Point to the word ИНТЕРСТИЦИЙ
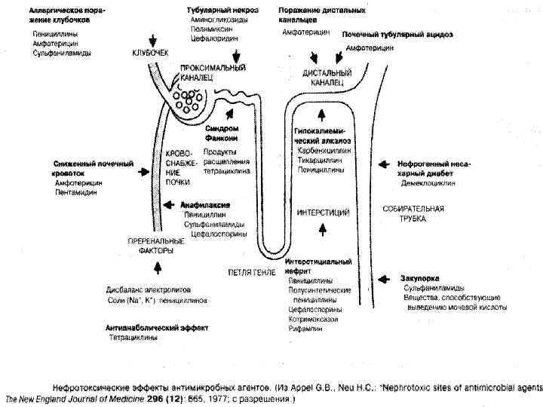pos(323,212)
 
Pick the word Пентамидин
pos(75,192)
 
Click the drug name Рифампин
pos(305,329)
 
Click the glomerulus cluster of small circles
pos(183,97)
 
